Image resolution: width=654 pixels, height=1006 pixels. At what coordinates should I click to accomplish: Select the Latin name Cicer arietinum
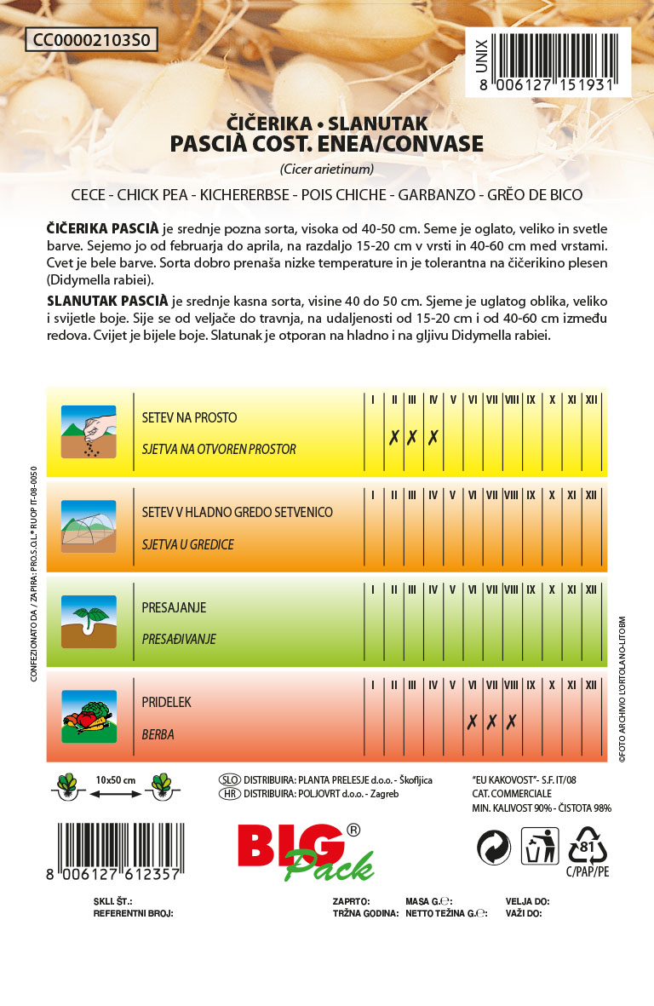[327, 168]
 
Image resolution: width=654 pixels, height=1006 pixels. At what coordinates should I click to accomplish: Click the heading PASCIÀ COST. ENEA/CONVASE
[327, 144]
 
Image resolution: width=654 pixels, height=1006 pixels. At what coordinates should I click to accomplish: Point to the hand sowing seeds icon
[89, 431]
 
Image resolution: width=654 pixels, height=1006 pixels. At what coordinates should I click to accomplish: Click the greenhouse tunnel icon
[89, 526]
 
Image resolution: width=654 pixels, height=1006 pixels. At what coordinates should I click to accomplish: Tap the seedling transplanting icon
[89, 622]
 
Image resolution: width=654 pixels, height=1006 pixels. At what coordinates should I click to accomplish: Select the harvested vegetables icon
[89, 717]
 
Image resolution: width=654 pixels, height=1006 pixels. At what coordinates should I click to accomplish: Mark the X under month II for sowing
[394, 438]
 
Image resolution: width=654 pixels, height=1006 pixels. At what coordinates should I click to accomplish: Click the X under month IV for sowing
[433, 438]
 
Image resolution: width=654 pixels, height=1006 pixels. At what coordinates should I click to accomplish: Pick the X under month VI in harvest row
[472, 722]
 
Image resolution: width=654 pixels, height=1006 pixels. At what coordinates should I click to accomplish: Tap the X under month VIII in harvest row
[511, 722]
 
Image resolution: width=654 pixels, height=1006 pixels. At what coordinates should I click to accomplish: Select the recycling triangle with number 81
[588, 847]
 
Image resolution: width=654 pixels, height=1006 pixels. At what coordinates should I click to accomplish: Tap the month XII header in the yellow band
[592, 399]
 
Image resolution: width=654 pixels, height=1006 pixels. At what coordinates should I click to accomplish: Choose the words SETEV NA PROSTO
[189, 418]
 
